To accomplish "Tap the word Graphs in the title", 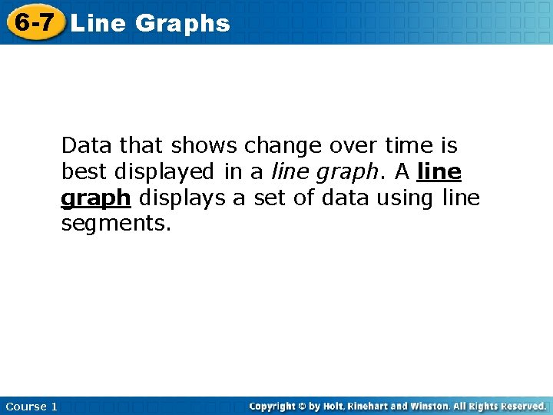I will point(182,23).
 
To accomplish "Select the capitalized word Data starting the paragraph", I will point(86,145).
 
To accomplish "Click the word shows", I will point(198,145).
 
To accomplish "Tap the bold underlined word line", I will point(439,171).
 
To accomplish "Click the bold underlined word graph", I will point(95,199).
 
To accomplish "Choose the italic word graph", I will point(341,172).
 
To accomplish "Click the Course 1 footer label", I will point(31,406).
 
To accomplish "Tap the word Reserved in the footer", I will point(521,406).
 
